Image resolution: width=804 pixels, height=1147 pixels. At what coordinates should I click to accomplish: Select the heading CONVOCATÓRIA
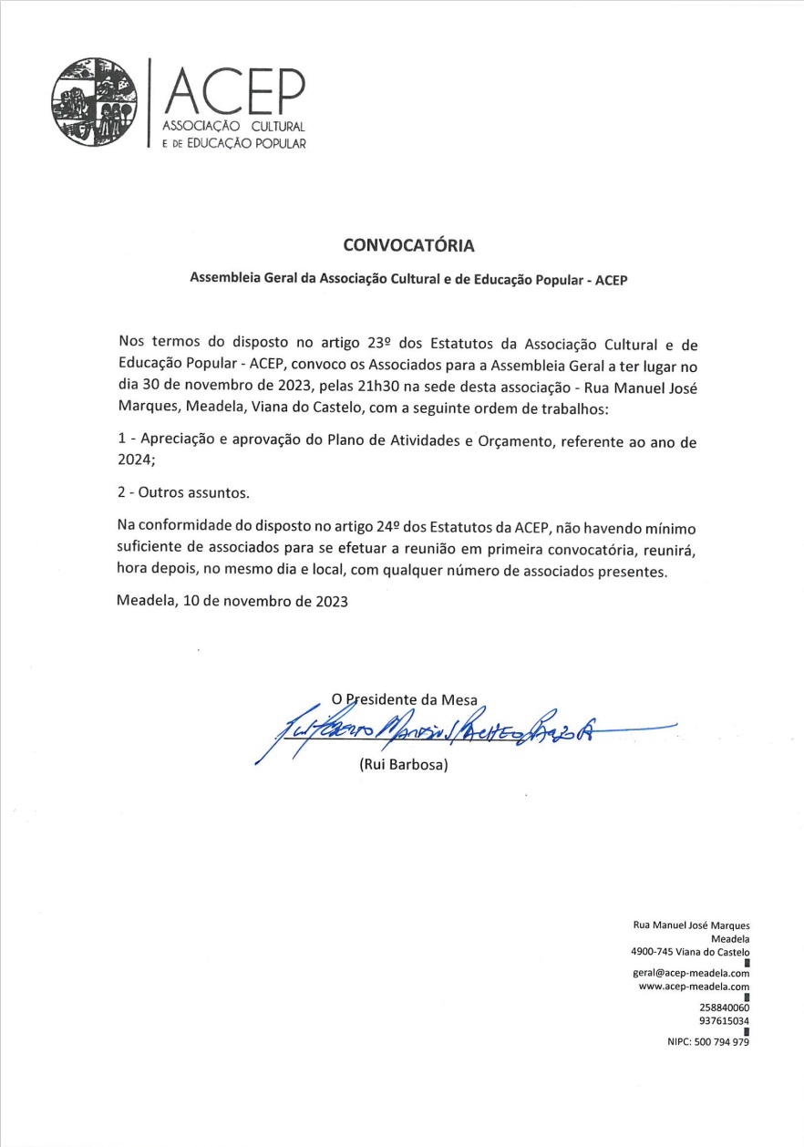(409, 246)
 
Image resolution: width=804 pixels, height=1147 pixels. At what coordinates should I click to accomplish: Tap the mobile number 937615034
(724, 1021)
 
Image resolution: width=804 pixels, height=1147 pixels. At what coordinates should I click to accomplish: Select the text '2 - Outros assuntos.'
(183, 492)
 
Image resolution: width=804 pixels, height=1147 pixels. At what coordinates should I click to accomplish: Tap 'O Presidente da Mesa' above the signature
(405, 699)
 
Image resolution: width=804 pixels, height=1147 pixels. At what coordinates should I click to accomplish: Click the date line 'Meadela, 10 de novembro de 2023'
(232, 602)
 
